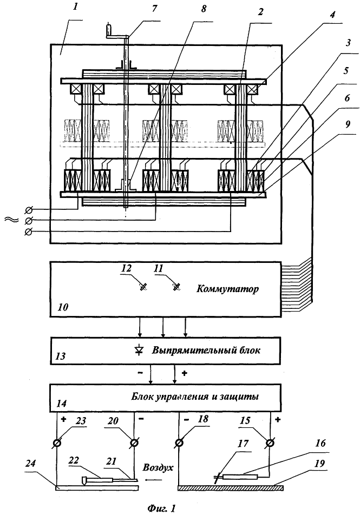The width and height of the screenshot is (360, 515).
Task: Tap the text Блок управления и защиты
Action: tap(195, 396)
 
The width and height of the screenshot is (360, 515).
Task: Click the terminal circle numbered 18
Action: tap(180, 443)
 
